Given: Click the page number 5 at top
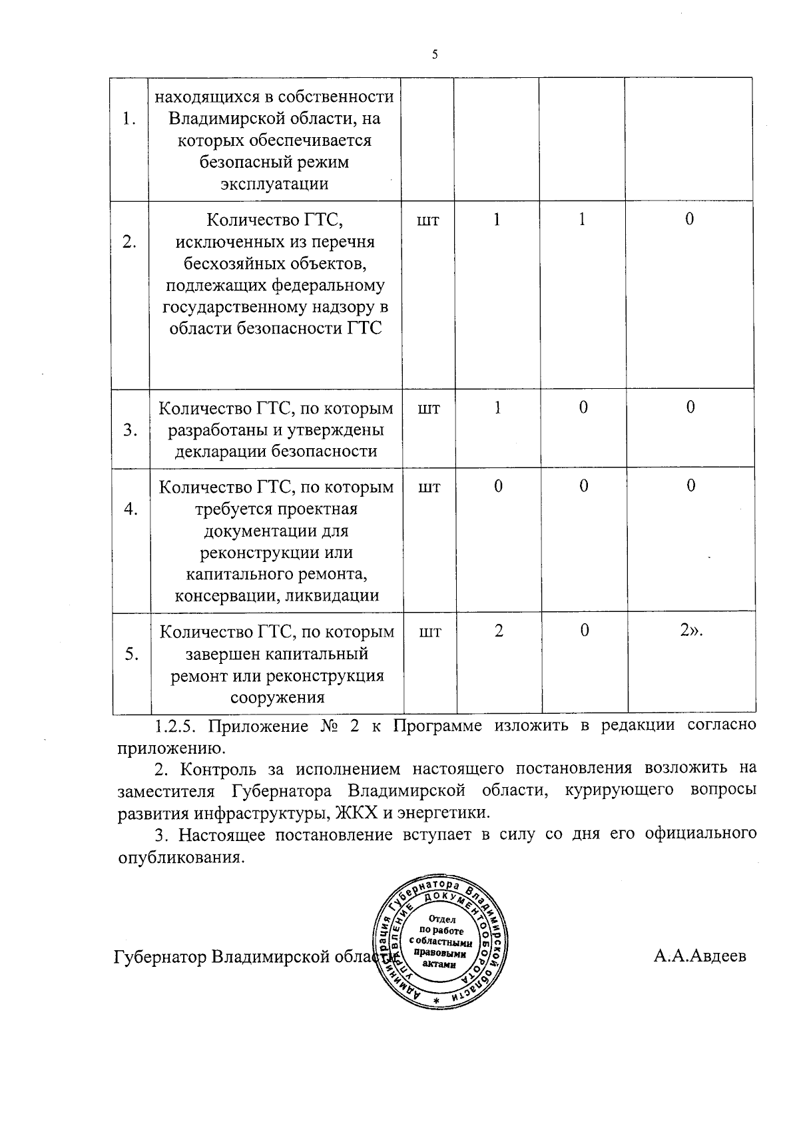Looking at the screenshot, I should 435,55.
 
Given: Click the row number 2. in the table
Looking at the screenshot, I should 130,242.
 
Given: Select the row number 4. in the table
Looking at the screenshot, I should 131,509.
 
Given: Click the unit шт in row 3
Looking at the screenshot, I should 429,408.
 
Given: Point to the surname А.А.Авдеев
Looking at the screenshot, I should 700,956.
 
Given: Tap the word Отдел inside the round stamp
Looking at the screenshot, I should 443,919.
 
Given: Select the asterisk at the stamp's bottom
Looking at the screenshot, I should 436,1002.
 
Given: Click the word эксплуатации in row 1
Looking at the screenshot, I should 275,184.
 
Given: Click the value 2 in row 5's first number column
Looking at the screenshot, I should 499,631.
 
